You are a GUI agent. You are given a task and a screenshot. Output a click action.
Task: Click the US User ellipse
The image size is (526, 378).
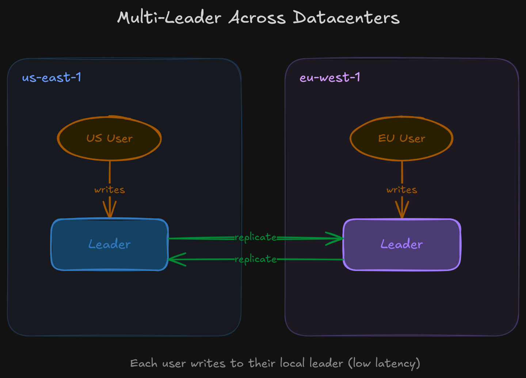109,138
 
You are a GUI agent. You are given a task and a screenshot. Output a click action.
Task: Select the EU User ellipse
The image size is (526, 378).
401,138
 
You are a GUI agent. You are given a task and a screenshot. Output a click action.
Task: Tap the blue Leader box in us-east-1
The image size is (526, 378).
109,244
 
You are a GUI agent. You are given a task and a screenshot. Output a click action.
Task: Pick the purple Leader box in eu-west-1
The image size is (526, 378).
401,244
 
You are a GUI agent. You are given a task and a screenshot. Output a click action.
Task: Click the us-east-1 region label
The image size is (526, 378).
52,77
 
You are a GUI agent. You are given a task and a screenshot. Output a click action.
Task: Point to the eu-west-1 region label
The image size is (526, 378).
330,77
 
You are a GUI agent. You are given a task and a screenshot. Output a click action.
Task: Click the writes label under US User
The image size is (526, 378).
110,190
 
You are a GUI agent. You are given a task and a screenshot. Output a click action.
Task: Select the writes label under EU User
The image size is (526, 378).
402,190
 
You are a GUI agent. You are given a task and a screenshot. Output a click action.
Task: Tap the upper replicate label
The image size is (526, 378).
256,237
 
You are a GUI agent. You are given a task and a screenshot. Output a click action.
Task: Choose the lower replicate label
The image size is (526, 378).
256,259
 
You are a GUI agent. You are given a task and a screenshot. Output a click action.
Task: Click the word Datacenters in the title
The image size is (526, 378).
346,18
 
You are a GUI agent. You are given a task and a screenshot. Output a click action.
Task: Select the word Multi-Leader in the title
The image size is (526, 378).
169,18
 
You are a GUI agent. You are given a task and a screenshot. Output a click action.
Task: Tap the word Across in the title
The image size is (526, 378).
257,18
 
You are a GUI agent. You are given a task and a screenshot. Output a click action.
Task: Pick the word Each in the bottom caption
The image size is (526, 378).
144,363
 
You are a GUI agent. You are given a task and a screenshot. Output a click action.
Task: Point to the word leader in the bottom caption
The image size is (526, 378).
326,363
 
